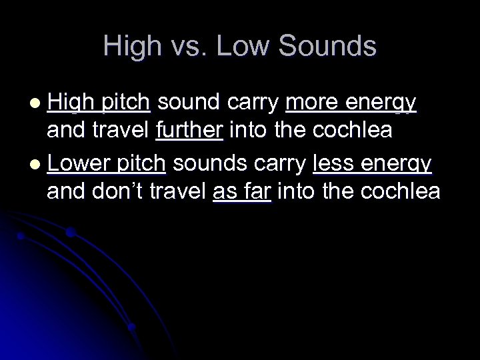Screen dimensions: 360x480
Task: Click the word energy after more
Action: click(x=383, y=103)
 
